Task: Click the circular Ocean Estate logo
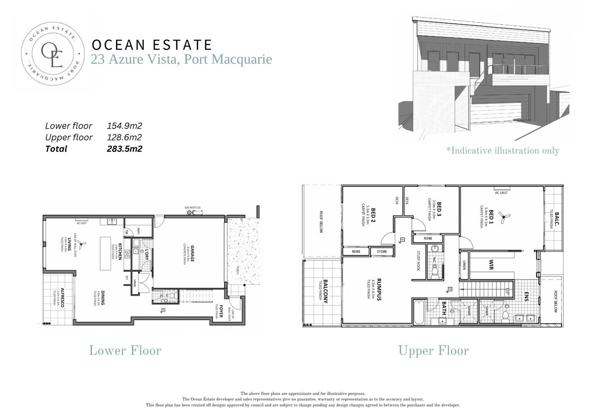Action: pos(52,53)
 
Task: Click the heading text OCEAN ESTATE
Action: pos(152,45)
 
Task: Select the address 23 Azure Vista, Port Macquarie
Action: pos(181,59)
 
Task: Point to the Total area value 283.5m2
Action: pos(124,149)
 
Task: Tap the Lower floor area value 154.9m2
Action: pos(124,126)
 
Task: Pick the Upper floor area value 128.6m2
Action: pos(124,137)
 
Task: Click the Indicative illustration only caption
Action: pos(503,151)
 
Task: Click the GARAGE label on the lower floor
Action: pos(192,253)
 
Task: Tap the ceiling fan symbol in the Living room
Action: pos(81,243)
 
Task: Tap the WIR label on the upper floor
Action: pos(491,264)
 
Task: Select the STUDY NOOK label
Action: pos(418,261)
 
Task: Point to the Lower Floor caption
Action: pos(125,351)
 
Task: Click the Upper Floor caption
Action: pos(433,351)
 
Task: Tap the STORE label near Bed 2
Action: pos(381,252)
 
